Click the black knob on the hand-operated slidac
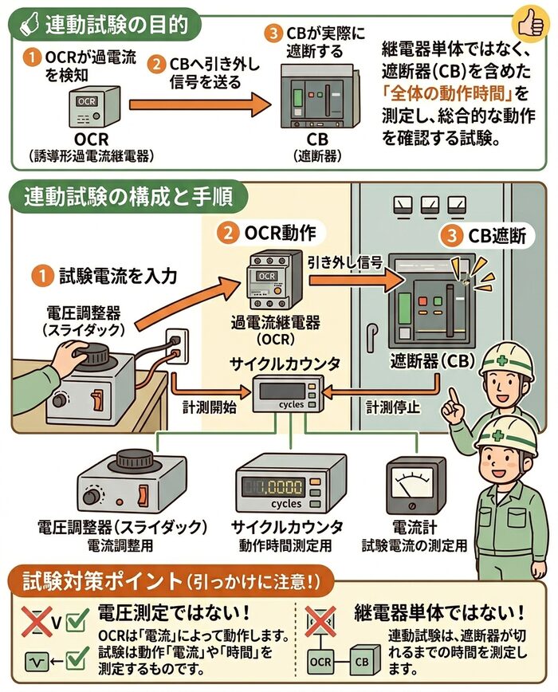[x=87, y=351]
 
